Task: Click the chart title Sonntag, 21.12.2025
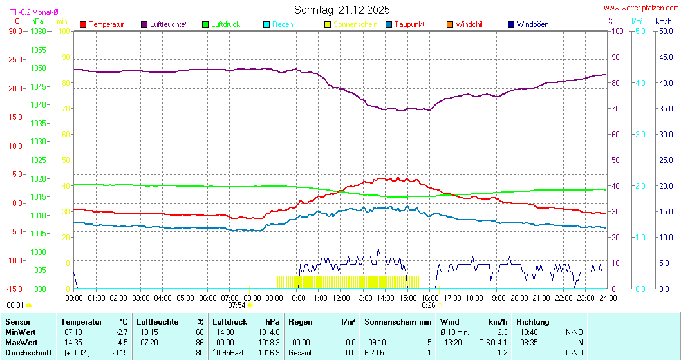coord(342,10)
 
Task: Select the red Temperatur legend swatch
coord(83,24)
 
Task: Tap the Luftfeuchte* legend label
coord(169,24)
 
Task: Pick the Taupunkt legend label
coord(409,24)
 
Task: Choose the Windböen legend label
coord(532,24)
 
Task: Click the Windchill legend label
coord(469,24)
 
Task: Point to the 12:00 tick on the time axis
coord(340,298)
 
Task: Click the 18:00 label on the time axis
coord(474,298)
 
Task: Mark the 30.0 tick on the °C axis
coord(14,31)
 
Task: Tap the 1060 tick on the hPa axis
coord(39,31)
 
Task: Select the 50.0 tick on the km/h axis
coord(664,31)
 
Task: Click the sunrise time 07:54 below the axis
coord(237,305)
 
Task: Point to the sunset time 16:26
coord(427,305)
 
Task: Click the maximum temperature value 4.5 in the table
coord(122,342)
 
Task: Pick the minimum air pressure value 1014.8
coord(268,332)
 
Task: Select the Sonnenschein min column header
coord(398,321)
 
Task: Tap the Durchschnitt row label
coord(28,352)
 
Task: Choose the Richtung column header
coord(533,321)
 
